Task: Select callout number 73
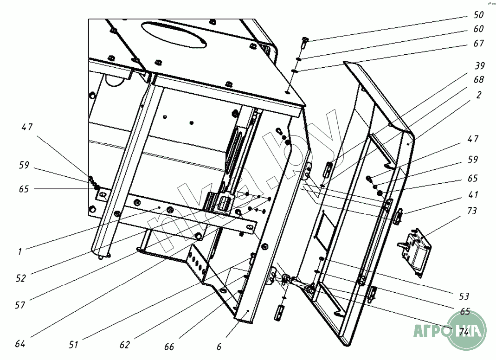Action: [472, 212]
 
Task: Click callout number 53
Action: [464, 296]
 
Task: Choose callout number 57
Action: [20, 305]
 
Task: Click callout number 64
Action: [20, 344]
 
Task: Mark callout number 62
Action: [124, 345]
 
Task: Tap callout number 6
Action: [219, 346]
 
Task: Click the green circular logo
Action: [467, 330]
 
